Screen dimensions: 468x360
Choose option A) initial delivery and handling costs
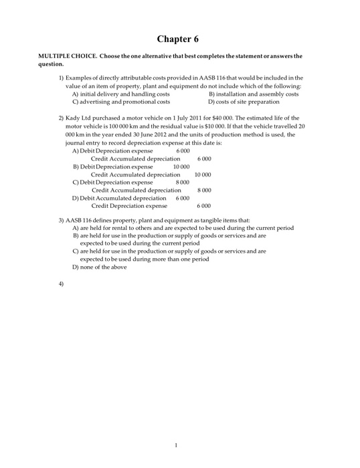tap(120, 94)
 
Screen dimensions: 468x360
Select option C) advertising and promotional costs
tap(120, 102)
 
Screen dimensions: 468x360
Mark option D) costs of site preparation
tap(244, 102)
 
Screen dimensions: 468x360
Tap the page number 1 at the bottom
tap(175, 446)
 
